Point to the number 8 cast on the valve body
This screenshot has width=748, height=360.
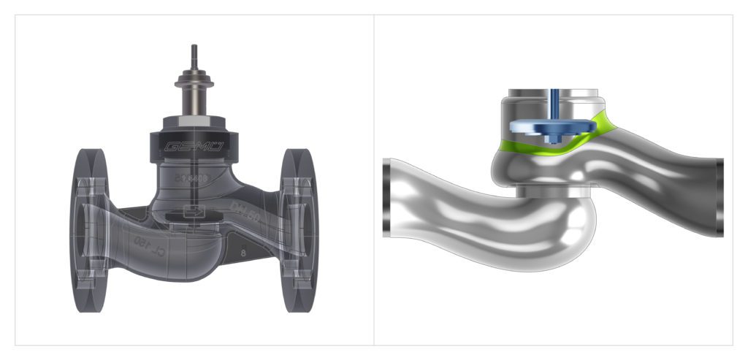click(x=240, y=256)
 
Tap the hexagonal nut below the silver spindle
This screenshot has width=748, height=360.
click(x=194, y=120)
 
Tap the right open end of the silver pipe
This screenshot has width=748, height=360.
click(x=719, y=196)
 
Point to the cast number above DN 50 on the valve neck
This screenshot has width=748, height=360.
click(x=191, y=177)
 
